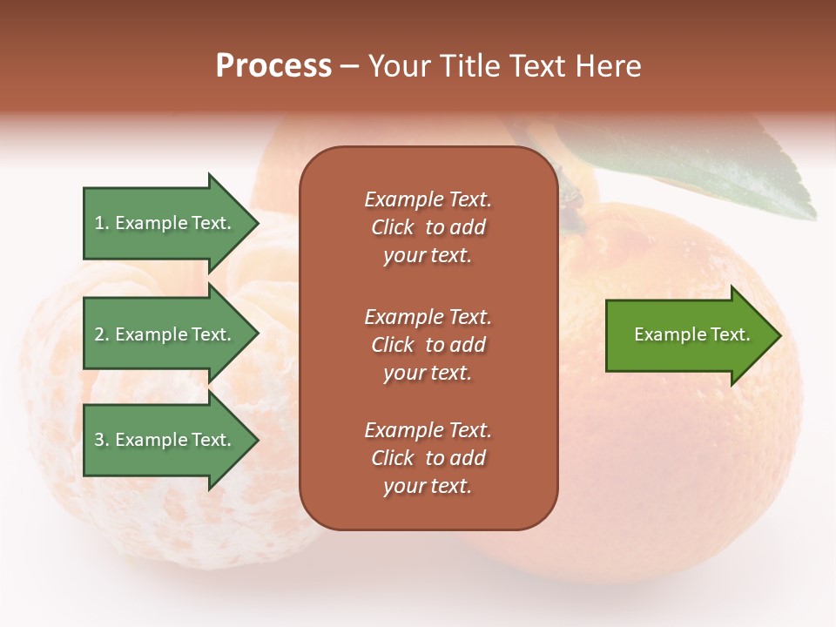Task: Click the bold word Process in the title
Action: (x=273, y=66)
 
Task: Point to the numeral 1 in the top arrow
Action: (x=99, y=224)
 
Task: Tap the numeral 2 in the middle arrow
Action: (x=100, y=334)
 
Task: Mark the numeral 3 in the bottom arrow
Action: (x=100, y=440)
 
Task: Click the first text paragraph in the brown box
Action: (x=428, y=227)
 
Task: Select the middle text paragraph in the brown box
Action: (x=428, y=345)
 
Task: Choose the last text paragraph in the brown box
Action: (x=428, y=458)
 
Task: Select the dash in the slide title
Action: (x=349, y=66)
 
